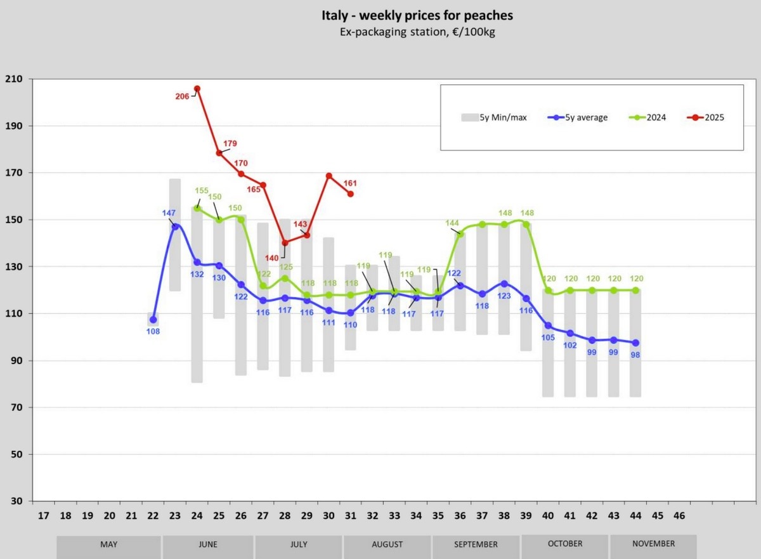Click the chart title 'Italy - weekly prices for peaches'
[417, 15]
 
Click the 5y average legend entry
[578, 117]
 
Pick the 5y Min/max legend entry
[494, 117]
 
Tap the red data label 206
[182, 96]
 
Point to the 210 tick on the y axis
[13, 79]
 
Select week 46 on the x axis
[679, 516]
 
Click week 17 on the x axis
[43, 516]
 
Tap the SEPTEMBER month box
[476, 544]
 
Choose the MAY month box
[108, 544]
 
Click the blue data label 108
[153, 331]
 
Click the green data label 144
[452, 223]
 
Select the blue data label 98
[635, 355]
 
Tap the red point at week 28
[285, 242]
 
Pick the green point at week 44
[635, 290]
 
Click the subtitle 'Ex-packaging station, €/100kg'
[417, 32]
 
